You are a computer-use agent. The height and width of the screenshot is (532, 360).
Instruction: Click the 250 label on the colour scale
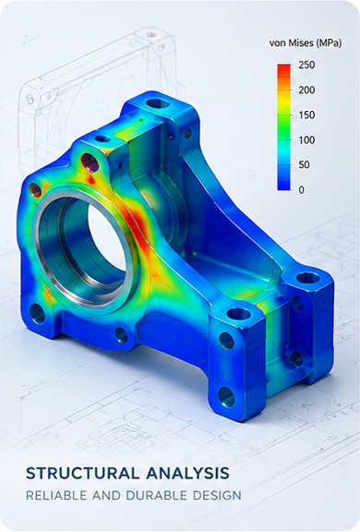pyautogui.click(x=306, y=65)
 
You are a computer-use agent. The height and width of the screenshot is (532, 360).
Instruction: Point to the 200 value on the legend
pyautogui.click(x=306, y=90)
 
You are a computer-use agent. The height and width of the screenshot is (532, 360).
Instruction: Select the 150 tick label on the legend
pyautogui.click(x=306, y=115)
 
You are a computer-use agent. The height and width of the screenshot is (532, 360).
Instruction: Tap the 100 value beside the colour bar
pyautogui.click(x=306, y=139)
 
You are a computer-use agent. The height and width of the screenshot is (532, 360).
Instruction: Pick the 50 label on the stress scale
pyautogui.click(x=304, y=165)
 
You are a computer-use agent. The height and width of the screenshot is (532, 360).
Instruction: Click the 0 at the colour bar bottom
pyautogui.click(x=301, y=190)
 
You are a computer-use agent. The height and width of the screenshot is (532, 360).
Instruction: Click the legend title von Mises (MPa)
pyautogui.click(x=306, y=43)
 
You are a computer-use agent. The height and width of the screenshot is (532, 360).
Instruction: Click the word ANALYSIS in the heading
pyautogui.click(x=187, y=473)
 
